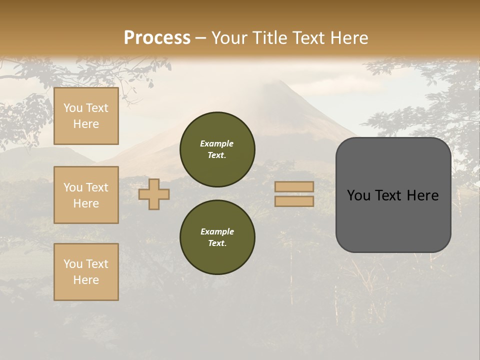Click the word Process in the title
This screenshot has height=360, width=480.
click(157, 38)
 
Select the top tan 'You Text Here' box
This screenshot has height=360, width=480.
click(86, 116)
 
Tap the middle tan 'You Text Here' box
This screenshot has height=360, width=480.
click(86, 195)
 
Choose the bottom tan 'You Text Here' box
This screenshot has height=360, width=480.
click(86, 271)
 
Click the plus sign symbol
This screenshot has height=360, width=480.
click(154, 194)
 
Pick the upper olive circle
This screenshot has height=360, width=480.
click(217, 149)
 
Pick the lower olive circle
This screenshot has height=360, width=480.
click(217, 237)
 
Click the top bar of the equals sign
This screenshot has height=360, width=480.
click(294, 187)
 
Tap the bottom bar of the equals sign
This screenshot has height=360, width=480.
click(294, 201)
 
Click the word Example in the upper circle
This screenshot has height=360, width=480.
click(217, 143)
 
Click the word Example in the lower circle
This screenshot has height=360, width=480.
click(217, 231)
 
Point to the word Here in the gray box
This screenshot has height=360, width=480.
click(422, 195)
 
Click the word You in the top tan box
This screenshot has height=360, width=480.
click(72, 108)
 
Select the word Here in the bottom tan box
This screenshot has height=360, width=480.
click(86, 280)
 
